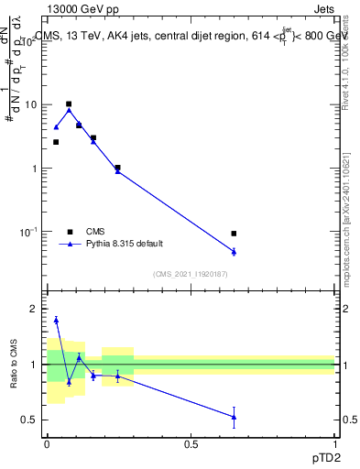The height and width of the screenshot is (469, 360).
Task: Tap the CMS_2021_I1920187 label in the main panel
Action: pyautogui.click(x=190, y=274)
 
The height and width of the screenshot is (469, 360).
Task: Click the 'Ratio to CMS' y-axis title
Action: pyautogui.click(x=14, y=365)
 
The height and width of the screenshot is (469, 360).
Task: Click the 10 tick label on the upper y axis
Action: pyautogui.click(x=30, y=105)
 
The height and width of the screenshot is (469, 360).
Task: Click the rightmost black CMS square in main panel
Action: pyautogui.click(x=235, y=234)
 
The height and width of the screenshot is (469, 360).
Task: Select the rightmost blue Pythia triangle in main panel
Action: pyautogui.click(x=235, y=251)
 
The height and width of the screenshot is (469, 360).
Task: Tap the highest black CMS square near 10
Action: pyautogui.click(x=69, y=104)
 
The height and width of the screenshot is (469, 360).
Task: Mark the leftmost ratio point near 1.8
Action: pyautogui.click(x=56, y=320)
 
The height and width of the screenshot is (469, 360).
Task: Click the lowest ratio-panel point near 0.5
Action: pyautogui.click(x=235, y=417)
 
